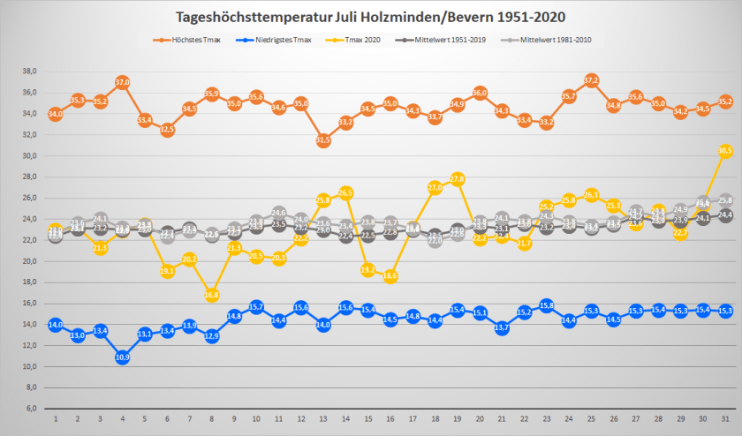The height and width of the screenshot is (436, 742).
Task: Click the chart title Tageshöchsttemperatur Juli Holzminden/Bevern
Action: (370, 16)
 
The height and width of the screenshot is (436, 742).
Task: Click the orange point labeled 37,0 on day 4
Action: (122, 82)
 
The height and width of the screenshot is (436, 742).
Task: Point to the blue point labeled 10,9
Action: (122, 357)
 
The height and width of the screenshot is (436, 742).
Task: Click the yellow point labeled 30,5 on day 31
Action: (725, 151)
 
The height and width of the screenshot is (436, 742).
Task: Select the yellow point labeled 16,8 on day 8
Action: (211, 295)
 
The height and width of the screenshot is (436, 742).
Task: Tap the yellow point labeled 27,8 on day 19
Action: (457, 179)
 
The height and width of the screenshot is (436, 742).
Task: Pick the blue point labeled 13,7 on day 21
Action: (502, 327)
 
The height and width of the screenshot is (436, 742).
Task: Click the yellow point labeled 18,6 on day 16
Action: (390, 276)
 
